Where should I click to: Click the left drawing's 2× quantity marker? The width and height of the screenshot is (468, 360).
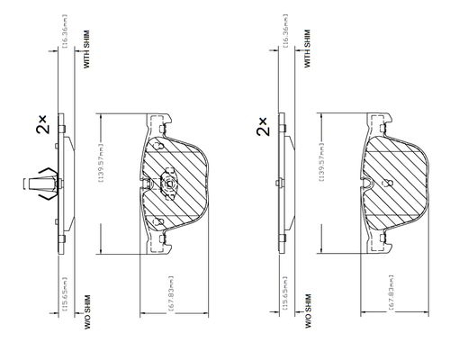pyautogui.click(x=41, y=124)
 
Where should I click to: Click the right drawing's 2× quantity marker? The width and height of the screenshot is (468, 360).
pyautogui.click(x=262, y=126)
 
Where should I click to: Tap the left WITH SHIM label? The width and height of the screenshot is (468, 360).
pyautogui.click(x=86, y=49)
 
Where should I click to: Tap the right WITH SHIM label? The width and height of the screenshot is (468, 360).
pyautogui.click(x=307, y=49)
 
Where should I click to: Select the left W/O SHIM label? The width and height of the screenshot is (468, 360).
pyautogui.click(x=87, y=312)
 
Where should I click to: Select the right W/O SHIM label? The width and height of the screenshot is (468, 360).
pyautogui.click(x=308, y=310)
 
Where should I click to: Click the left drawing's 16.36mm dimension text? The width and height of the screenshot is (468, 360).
pyautogui.click(x=66, y=31)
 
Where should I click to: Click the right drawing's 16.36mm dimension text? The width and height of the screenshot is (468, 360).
pyautogui.click(x=285, y=31)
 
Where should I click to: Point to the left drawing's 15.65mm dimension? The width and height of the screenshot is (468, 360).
pyautogui.click(x=66, y=293)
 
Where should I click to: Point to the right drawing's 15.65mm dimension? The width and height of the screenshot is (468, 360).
pyautogui.click(x=285, y=293)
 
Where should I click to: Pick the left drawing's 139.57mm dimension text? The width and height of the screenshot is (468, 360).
pyautogui.click(x=102, y=162)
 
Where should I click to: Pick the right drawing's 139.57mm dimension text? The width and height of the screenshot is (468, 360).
pyautogui.click(x=322, y=162)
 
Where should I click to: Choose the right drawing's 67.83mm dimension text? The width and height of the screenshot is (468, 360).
pyautogui.click(x=391, y=292)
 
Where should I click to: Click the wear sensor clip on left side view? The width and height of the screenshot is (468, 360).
pyautogui.click(x=42, y=184)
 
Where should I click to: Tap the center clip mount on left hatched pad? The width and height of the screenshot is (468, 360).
pyautogui.click(x=169, y=184)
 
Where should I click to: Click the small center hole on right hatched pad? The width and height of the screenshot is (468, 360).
pyautogui.click(x=389, y=183)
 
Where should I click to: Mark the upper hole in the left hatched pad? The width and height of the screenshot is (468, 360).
pyautogui.click(x=158, y=147)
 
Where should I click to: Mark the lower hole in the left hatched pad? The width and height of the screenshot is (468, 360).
pyautogui.click(x=158, y=222)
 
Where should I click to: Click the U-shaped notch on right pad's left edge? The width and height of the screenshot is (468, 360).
pyautogui.click(x=367, y=184)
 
